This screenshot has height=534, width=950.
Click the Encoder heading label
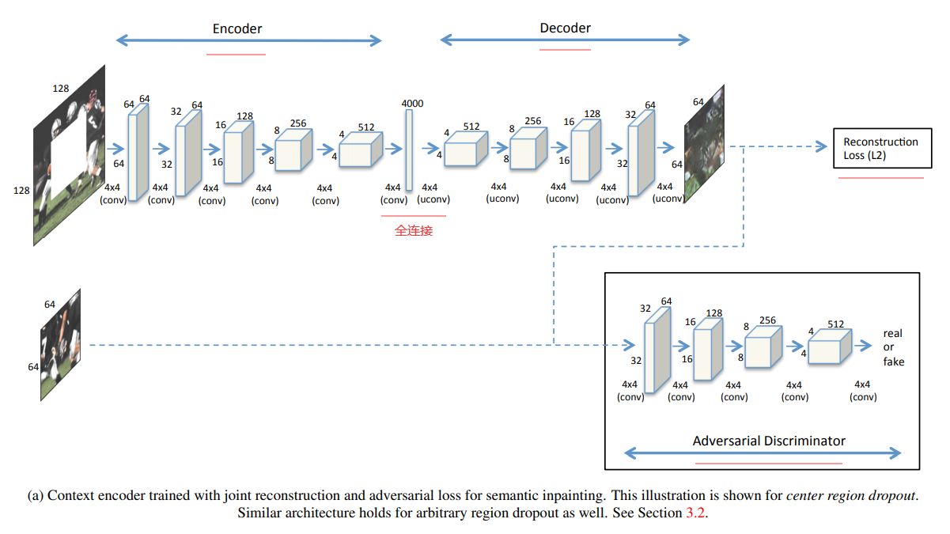coord(237,28)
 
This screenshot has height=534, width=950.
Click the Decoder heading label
coord(565,28)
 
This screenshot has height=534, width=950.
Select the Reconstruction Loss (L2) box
coord(881,148)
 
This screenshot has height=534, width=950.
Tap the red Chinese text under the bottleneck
coord(414,231)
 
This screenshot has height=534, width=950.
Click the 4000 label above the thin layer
coord(412,104)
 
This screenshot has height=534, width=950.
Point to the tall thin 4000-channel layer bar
coord(409,149)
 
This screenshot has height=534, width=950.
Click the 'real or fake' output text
coord(893,347)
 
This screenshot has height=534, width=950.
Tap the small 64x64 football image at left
coord(61,345)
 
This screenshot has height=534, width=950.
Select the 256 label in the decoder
coord(532,121)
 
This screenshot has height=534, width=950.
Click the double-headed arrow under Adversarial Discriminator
coord(762,453)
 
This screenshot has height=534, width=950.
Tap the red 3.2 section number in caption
coord(697,513)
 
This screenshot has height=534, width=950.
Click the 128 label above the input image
coord(61,88)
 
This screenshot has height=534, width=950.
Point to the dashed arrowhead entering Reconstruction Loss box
coord(821,146)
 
